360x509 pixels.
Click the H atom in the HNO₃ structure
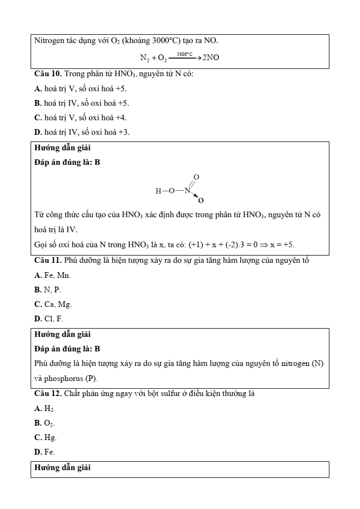(x=158, y=191)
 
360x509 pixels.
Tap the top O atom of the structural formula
(x=196, y=177)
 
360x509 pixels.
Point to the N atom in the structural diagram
(x=187, y=191)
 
